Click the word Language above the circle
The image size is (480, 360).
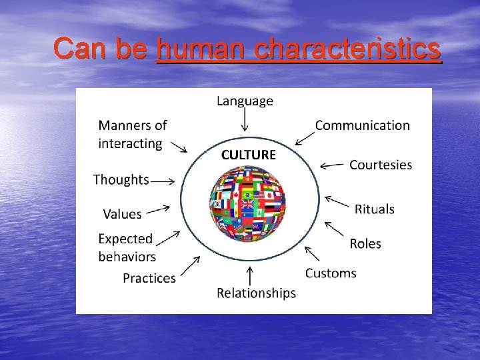[245, 101]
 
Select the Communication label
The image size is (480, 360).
[362, 125]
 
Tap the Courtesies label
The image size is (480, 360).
[381, 165]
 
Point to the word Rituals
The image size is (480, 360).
[375, 209]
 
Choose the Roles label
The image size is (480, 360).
[365, 243]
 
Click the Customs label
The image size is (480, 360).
[331, 273]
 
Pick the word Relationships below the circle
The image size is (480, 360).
[257, 293]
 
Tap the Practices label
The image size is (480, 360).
[149, 278]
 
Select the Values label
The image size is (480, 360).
[122, 214]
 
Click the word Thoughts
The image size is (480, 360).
[121, 179]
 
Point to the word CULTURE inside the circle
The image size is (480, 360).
[248, 155]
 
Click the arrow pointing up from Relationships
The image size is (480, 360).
[249, 275]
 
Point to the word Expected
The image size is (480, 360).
[125, 239]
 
